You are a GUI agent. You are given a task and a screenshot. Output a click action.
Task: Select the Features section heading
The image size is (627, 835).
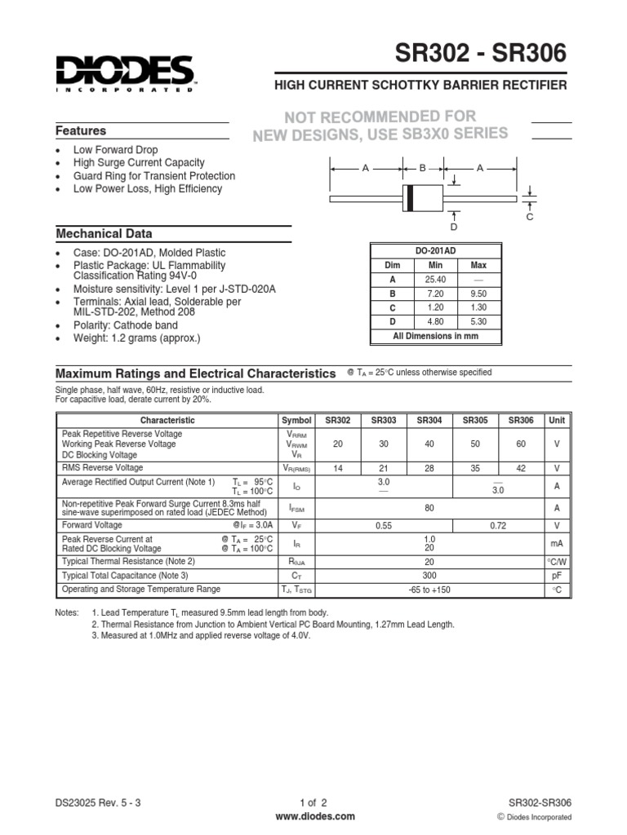(81, 130)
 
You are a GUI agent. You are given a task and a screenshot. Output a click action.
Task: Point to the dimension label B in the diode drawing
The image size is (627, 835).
(423, 167)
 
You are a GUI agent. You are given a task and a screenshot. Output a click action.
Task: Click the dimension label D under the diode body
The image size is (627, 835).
(454, 226)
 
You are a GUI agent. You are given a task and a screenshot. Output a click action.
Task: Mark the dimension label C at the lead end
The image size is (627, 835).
(529, 217)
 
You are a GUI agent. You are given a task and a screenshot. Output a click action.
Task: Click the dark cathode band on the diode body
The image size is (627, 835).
(410, 198)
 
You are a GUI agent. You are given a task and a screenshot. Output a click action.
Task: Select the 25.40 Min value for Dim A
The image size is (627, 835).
(435, 280)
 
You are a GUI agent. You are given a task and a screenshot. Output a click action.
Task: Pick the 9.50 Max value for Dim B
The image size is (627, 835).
(478, 294)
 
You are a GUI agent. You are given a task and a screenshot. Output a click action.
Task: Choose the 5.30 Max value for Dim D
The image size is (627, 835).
(478, 321)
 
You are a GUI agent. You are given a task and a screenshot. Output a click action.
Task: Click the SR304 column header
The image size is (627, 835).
(429, 420)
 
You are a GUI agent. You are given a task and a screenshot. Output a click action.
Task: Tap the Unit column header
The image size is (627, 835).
(557, 420)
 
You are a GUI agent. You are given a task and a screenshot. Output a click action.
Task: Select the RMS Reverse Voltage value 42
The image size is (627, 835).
(521, 469)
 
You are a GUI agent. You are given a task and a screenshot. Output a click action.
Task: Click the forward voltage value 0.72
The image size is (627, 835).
(498, 527)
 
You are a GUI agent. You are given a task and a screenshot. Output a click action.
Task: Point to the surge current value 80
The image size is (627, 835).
(429, 507)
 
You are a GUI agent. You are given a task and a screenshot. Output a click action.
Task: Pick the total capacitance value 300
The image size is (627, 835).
(429, 576)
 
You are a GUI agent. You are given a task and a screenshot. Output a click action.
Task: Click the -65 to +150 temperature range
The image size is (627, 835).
(429, 590)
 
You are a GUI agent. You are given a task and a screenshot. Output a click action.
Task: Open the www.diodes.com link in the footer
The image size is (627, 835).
(314, 816)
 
